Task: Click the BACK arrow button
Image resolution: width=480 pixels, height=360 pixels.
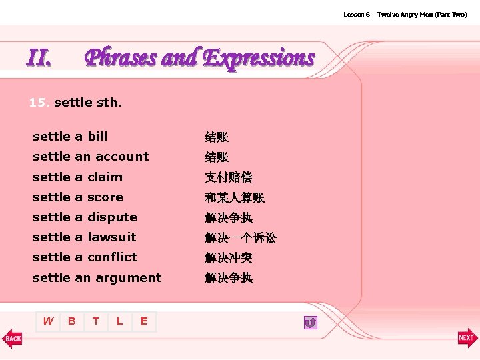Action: pos(12,338)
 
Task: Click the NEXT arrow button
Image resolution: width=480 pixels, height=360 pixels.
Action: pos(467,338)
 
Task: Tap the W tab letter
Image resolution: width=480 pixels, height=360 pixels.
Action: pos(48,321)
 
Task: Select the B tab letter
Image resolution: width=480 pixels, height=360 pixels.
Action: pos(72,321)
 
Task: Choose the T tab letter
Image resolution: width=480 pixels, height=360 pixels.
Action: pos(96,321)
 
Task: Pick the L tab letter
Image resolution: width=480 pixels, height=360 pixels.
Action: pos(120,321)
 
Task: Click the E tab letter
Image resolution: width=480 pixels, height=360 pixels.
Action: pos(144,321)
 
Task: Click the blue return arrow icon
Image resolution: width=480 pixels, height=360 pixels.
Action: pos(310,323)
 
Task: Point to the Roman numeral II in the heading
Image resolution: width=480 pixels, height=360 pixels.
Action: pos(39,59)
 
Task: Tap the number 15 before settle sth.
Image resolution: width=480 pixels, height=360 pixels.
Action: pos(38,103)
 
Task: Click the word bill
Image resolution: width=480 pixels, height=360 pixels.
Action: pos(97,137)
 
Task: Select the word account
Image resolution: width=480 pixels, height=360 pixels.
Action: pos(121,157)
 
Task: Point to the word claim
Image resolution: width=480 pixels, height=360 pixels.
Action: pos(105,177)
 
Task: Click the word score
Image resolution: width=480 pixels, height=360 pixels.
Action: pos(105,197)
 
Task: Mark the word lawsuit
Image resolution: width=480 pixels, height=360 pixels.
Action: pos(112,237)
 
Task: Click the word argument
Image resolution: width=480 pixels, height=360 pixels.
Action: pos(127,277)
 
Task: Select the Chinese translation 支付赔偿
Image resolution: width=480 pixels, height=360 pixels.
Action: pos(229,177)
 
